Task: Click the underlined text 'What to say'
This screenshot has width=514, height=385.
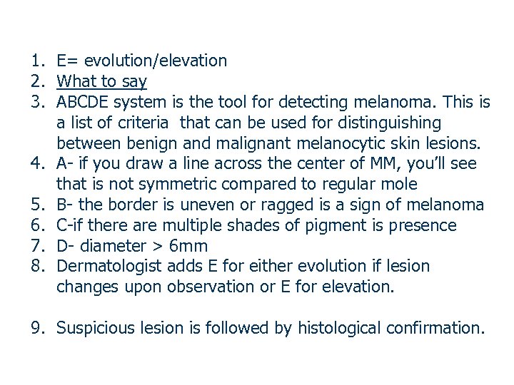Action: pyautogui.click(x=101, y=81)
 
